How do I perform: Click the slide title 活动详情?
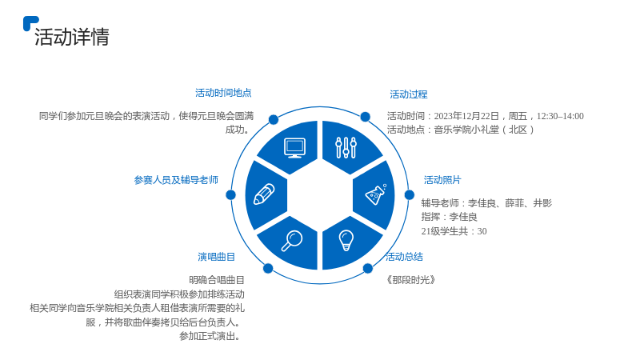72,37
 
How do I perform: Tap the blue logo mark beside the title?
30,22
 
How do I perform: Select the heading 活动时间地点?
223,93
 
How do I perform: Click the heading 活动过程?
409,94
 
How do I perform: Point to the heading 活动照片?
442,180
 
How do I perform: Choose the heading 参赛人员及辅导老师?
176,180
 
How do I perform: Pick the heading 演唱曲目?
216,257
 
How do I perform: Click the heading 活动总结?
405,257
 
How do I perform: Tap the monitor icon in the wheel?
294,148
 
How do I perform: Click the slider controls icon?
346,148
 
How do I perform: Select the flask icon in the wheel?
376,194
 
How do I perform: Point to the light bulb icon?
346,241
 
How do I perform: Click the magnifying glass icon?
292,241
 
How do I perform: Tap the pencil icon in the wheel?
264,194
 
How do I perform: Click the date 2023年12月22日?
466,116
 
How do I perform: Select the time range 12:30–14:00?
560,116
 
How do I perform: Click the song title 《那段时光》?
410,280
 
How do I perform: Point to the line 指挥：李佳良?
450,217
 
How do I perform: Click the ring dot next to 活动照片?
410,195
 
